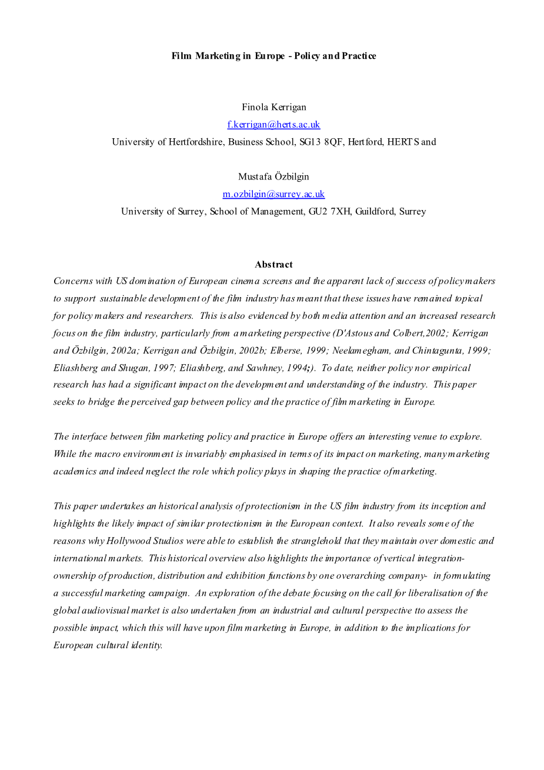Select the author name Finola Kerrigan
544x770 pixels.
point(273,107)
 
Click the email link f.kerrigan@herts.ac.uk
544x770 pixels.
point(273,124)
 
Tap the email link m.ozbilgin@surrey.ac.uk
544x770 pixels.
point(273,194)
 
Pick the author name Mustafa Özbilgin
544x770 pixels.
point(273,176)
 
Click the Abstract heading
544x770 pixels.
point(273,265)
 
